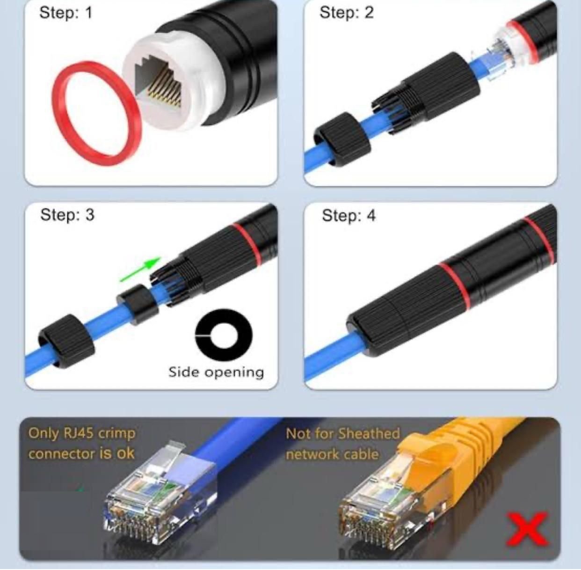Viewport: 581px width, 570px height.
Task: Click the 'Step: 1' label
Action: pos(66,13)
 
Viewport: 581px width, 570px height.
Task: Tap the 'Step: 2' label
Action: pos(347,13)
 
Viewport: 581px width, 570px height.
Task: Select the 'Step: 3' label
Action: pos(67,215)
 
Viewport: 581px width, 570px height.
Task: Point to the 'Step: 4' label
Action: pos(349,216)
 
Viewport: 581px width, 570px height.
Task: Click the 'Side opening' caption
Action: pos(216,373)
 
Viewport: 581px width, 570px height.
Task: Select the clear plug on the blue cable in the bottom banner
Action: pos(160,495)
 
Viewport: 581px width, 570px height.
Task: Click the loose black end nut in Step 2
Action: pos(342,139)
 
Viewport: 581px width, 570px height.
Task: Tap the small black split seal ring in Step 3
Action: pos(138,305)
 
